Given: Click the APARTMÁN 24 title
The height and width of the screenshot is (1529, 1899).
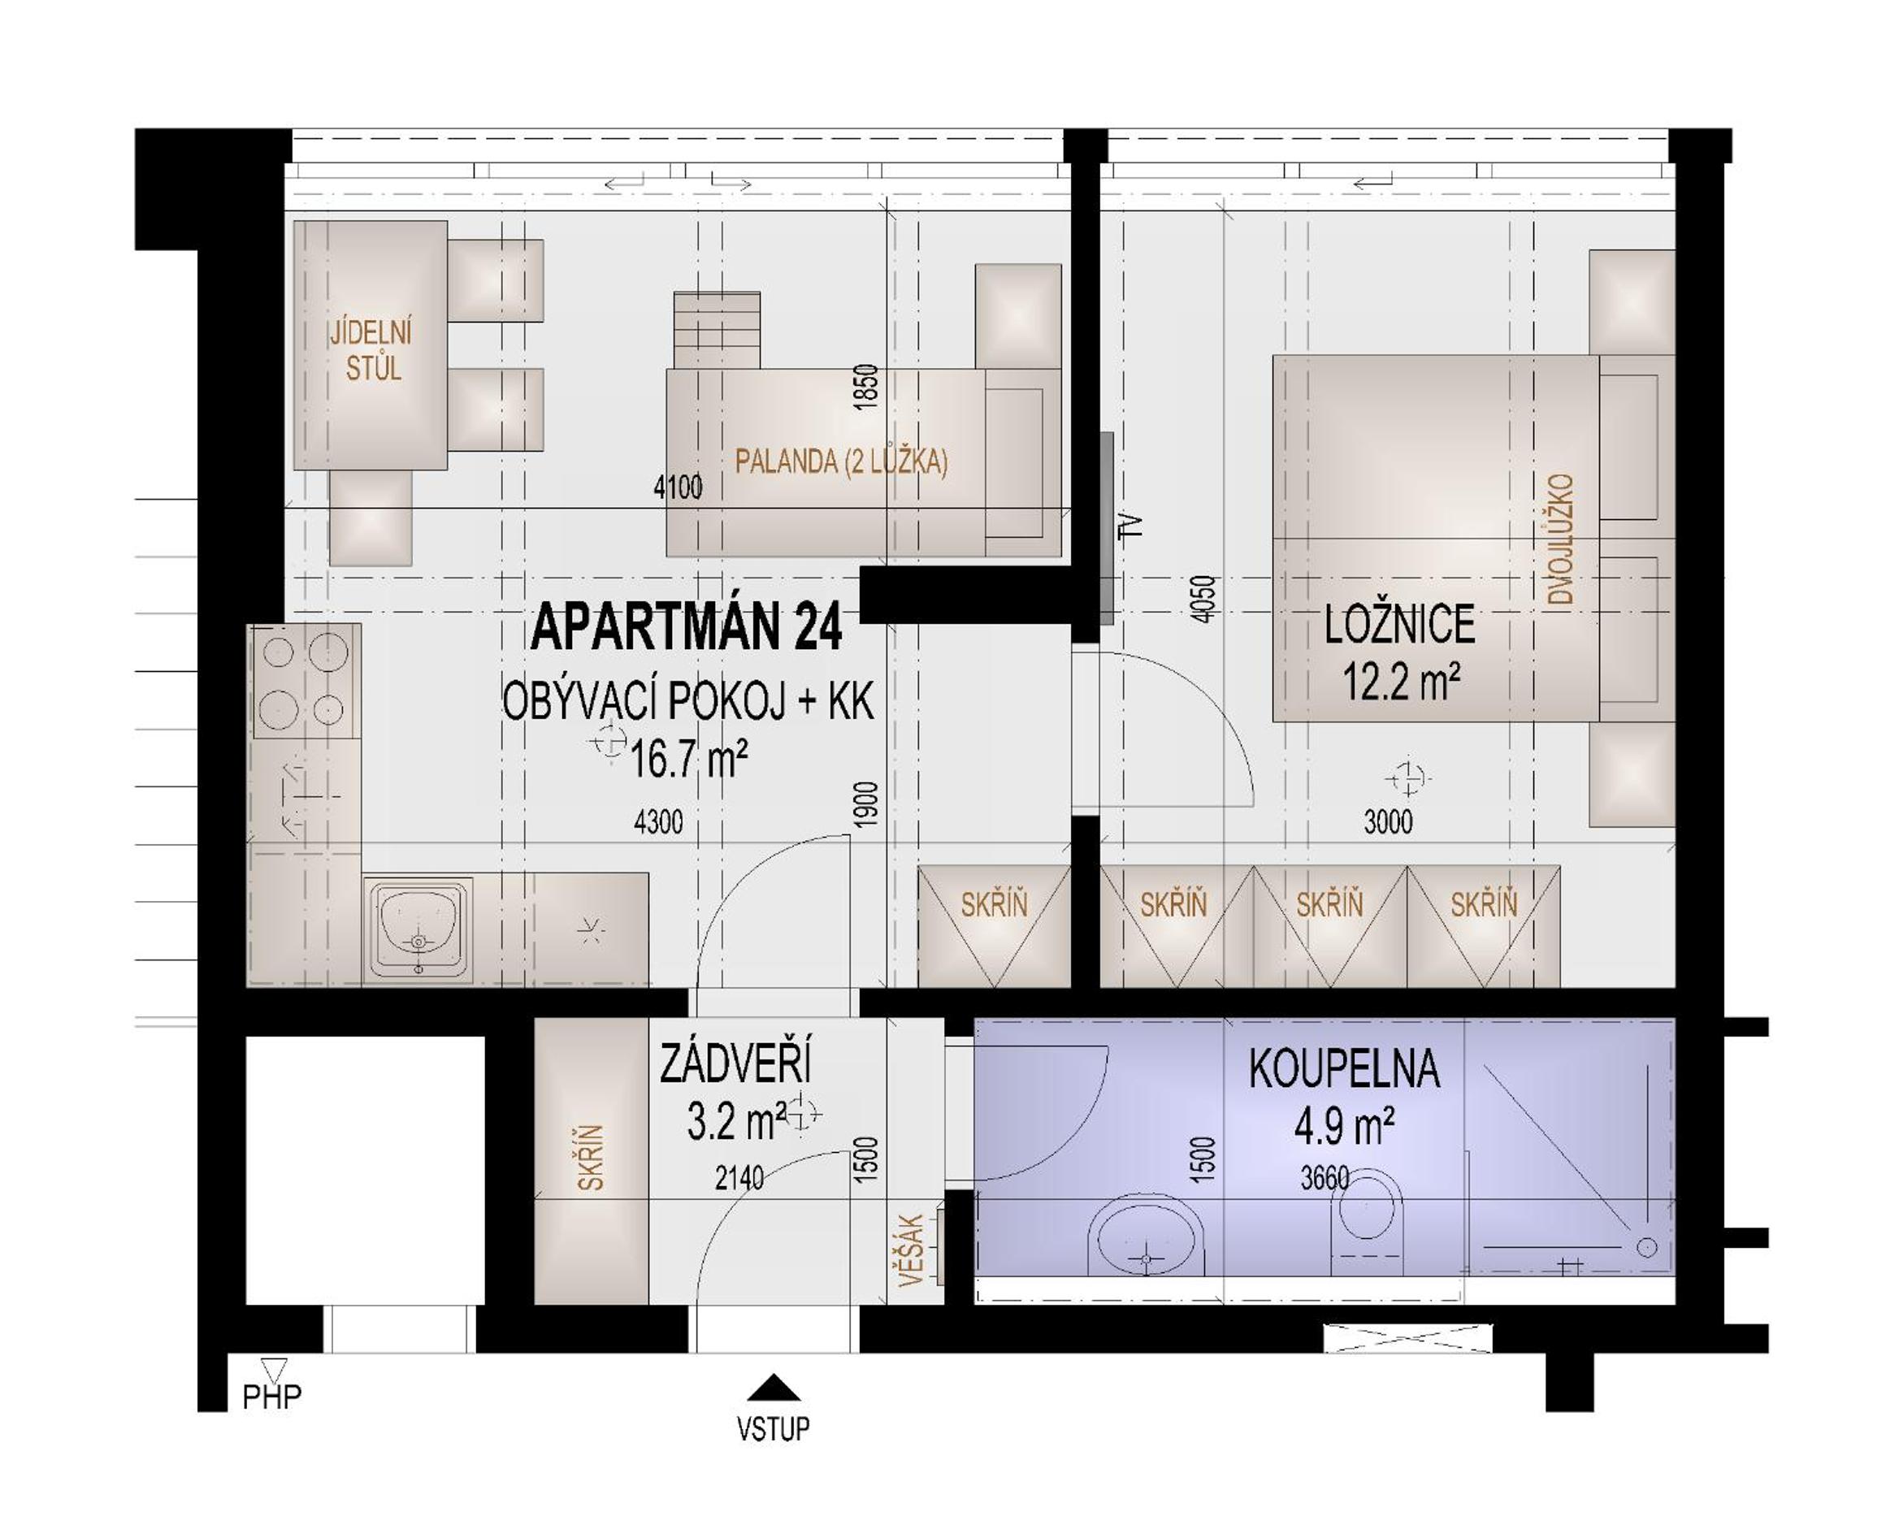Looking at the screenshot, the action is click(687, 626).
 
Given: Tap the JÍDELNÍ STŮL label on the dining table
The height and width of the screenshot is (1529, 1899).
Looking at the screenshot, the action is click(371, 350).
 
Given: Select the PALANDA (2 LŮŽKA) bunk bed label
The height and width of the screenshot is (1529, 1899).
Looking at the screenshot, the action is click(841, 461).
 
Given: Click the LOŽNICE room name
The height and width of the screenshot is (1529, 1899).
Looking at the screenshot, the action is click(1399, 625).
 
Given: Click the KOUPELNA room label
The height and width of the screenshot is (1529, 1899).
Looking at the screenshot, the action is click(1344, 1069).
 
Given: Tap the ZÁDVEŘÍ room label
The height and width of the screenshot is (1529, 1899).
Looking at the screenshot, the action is click(735, 1063).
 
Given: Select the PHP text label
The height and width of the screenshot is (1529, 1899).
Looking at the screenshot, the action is click(272, 1396).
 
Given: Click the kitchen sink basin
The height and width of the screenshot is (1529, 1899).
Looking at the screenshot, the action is click(418, 929).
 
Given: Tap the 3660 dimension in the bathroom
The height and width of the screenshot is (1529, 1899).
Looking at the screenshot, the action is click(1325, 1179).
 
